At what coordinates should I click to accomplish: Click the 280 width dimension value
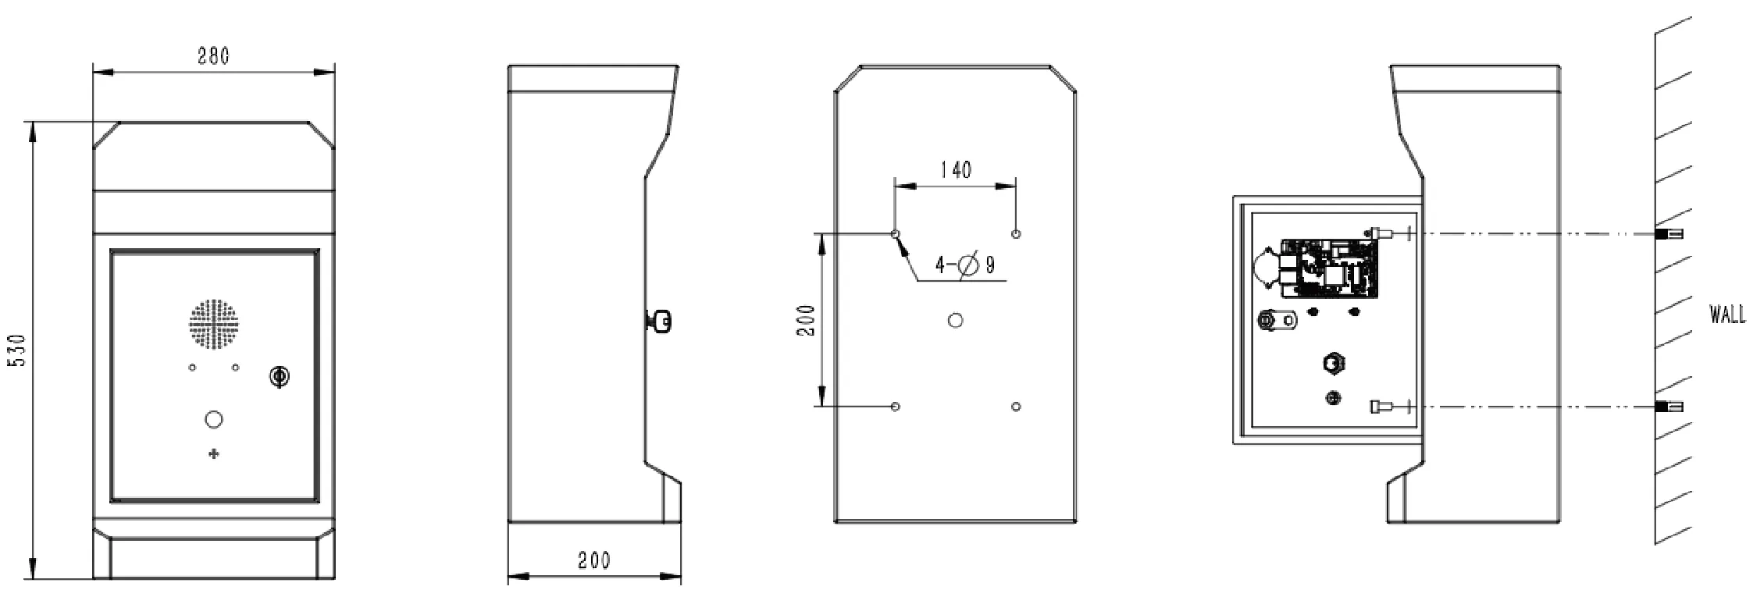point(212,56)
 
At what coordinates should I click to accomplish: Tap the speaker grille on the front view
point(213,324)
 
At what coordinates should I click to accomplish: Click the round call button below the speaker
point(213,420)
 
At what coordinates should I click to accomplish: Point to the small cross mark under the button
point(213,453)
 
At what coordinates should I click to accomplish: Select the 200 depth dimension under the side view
point(593,561)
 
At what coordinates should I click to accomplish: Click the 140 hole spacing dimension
point(955,170)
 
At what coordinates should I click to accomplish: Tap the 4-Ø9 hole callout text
point(965,265)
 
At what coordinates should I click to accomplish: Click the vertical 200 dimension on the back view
point(807,321)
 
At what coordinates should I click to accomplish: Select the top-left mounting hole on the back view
point(896,234)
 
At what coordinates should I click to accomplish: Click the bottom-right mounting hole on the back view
point(1016,407)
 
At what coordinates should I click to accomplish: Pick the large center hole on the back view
point(955,320)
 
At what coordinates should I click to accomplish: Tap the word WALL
point(1726,315)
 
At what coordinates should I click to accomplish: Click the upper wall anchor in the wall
point(1669,234)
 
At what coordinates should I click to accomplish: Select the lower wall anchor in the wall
point(1669,407)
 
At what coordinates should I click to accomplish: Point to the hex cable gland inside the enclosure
point(1334,364)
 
